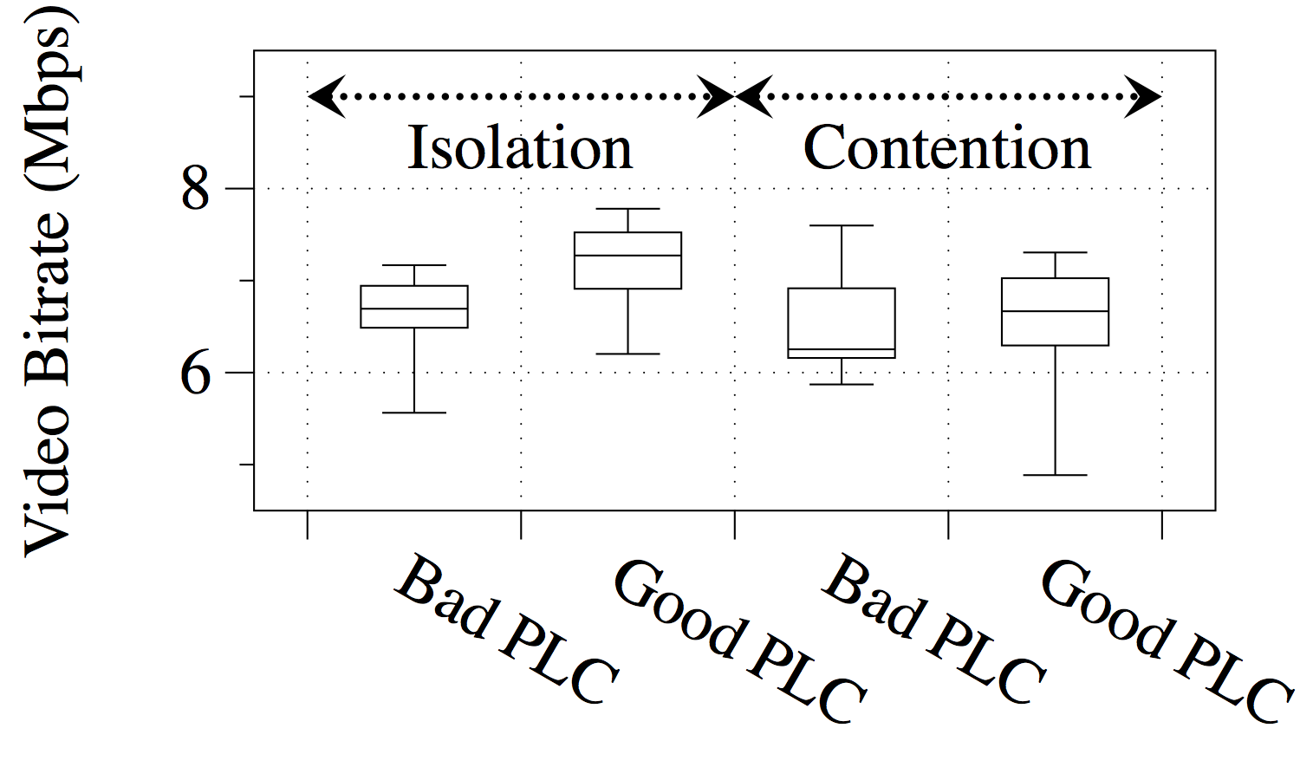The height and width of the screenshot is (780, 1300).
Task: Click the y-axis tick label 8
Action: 196,188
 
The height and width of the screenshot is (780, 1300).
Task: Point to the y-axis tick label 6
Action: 196,373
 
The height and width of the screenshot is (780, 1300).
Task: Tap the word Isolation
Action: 520,147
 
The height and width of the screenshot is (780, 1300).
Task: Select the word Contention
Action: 946,147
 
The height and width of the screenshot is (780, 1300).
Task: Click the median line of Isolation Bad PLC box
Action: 414,309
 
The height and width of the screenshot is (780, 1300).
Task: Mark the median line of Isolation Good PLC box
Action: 627,256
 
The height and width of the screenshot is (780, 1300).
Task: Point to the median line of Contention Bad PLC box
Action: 842,349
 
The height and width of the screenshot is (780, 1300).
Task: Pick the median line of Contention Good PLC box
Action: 1055,311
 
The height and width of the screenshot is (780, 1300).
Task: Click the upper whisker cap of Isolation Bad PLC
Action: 414,265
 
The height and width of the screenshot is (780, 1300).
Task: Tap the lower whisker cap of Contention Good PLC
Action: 1055,475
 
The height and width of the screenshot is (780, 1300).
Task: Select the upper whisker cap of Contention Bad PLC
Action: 842,225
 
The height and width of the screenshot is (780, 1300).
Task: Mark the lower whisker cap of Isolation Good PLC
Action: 627,354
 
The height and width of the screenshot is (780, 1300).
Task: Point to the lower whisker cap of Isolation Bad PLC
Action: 414,413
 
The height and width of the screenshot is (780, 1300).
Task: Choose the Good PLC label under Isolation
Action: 738,641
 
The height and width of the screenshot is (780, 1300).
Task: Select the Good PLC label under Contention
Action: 1166,641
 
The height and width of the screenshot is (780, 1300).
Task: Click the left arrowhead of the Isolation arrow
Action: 326,96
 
